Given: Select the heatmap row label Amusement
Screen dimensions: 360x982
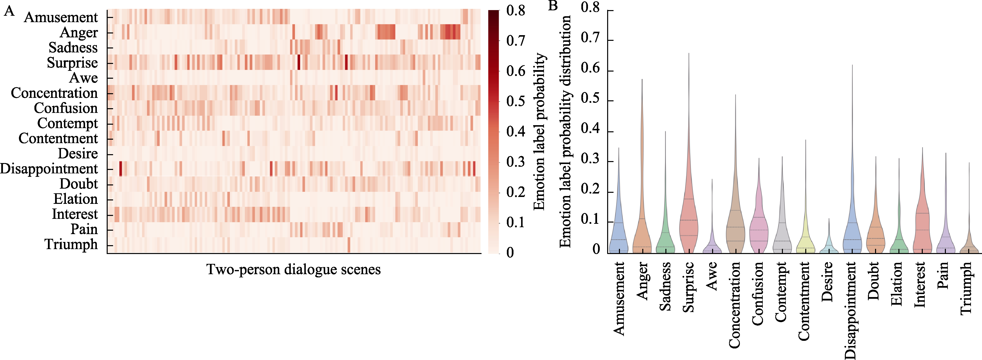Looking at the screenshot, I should point(61,17).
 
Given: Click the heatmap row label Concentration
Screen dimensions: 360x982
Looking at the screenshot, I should point(54,93).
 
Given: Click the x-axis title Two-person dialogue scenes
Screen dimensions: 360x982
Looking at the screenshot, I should point(293,270).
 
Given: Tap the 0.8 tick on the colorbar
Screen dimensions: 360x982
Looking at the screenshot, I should point(516,11).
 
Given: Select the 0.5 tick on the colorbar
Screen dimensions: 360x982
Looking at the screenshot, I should point(516,102).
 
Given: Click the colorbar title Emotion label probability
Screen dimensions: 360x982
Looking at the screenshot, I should point(539,132).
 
